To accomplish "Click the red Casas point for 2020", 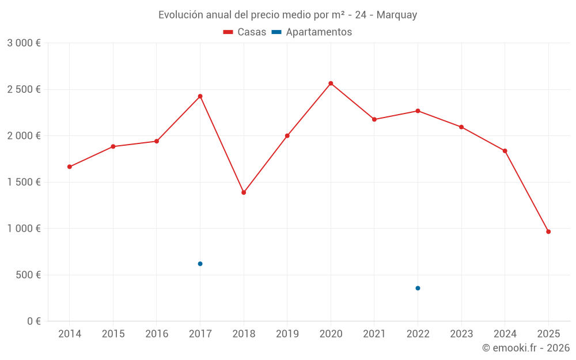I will [x=331, y=84].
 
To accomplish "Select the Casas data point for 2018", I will [x=244, y=192].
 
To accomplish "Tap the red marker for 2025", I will [x=548, y=232].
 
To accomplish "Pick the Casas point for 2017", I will [x=200, y=96].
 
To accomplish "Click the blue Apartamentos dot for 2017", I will [x=200, y=264].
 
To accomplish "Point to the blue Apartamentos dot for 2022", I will [x=418, y=288].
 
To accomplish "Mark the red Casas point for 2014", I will [x=70, y=167].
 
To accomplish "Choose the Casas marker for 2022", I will [x=418, y=111].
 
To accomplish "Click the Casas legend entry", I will [x=245, y=32].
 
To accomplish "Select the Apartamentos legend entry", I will [x=312, y=32].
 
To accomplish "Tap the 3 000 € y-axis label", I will [x=24, y=43].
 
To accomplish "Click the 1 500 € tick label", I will [x=24, y=182].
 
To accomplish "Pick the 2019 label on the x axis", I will [x=287, y=334].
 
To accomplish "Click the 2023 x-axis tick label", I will [x=461, y=334].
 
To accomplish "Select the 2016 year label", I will [x=157, y=334].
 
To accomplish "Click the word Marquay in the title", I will [x=397, y=15].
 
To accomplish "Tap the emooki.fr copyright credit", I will [x=525, y=348].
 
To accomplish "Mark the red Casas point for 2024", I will [x=505, y=151].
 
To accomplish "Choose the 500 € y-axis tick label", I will [x=27, y=275].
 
